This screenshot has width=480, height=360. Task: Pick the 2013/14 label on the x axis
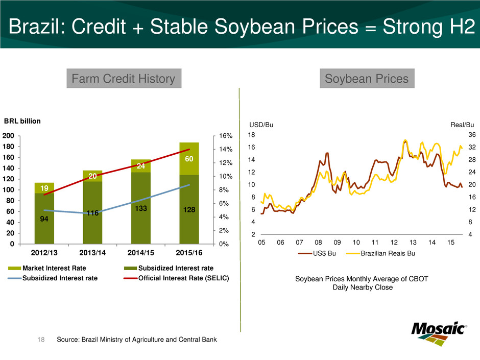[92, 253]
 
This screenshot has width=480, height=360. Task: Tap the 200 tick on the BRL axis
[8, 136]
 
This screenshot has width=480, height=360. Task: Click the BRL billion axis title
[22, 122]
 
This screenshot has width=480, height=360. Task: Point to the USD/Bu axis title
[259, 125]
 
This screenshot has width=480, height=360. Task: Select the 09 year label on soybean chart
[337, 244]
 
